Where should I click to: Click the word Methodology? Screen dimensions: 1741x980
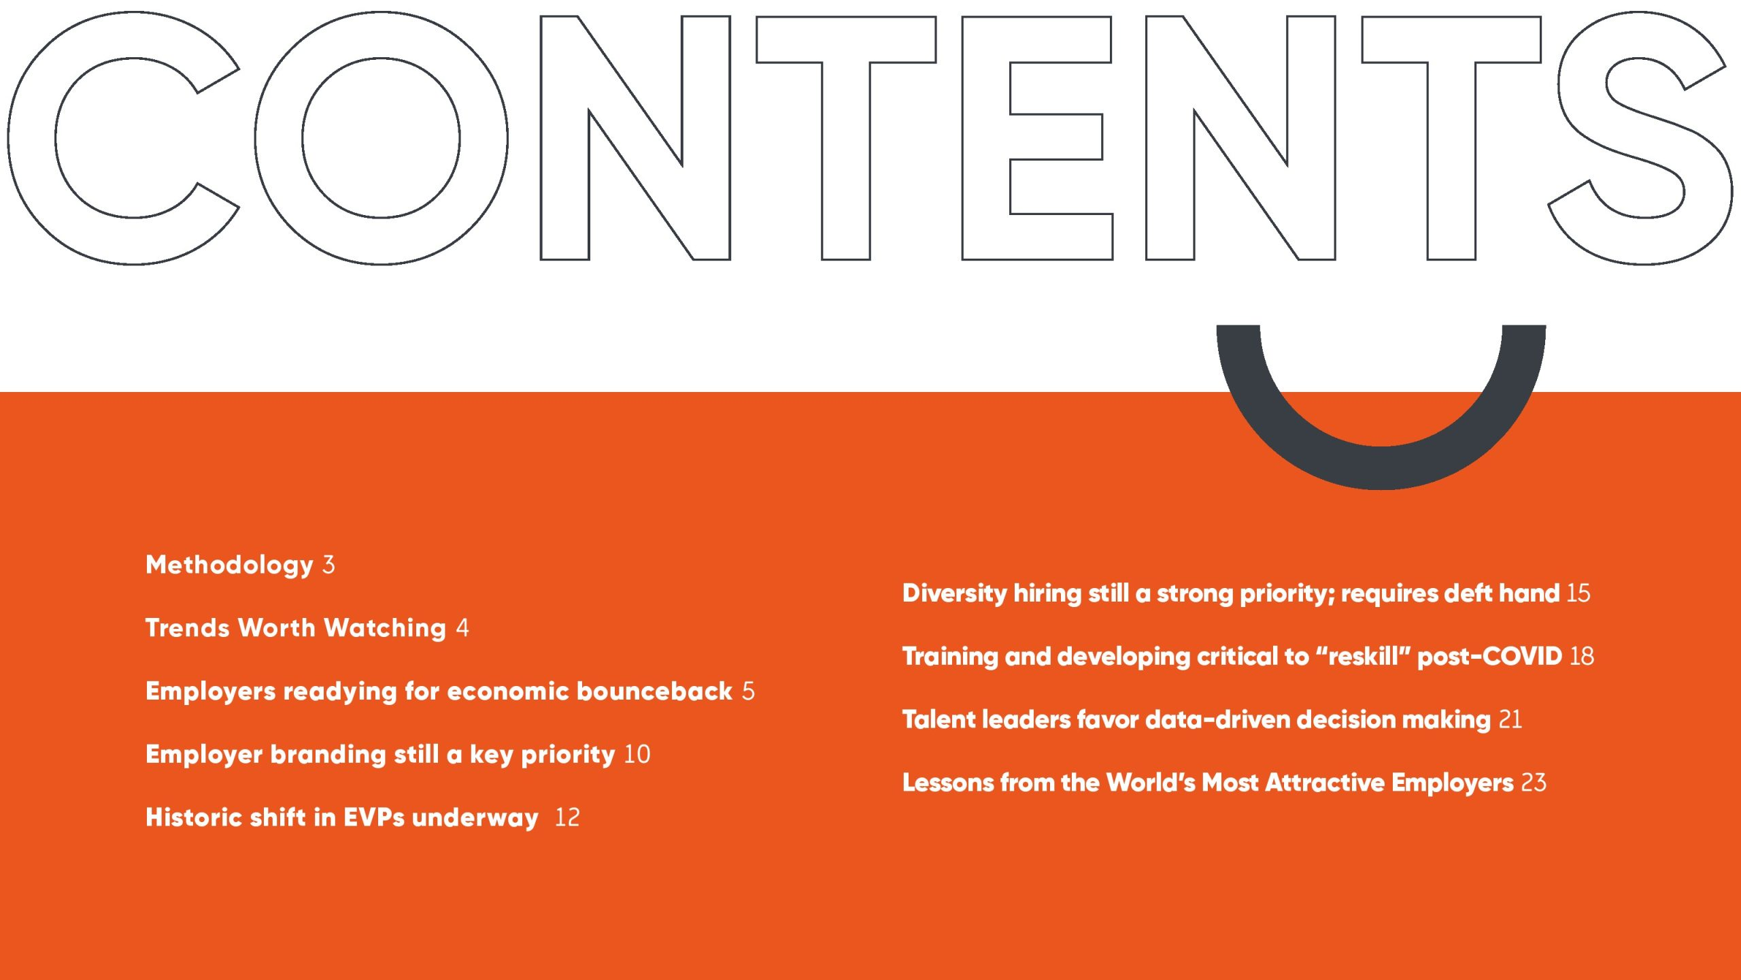(x=229, y=566)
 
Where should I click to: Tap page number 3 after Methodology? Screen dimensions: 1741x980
(x=328, y=565)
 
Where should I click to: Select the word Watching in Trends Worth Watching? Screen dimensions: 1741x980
(x=385, y=627)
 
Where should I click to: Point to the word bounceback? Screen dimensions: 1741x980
(x=654, y=691)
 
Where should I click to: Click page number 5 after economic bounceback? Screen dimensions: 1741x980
(x=748, y=691)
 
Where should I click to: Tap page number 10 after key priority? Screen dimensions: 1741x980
(x=637, y=754)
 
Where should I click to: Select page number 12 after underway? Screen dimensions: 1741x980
(x=567, y=817)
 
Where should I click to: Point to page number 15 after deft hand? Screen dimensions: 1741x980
(x=1578, y=593)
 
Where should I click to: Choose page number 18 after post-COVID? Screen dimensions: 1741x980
(x=1582, y=657)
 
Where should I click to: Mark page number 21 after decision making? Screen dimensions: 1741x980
(x=1510, y=720)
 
